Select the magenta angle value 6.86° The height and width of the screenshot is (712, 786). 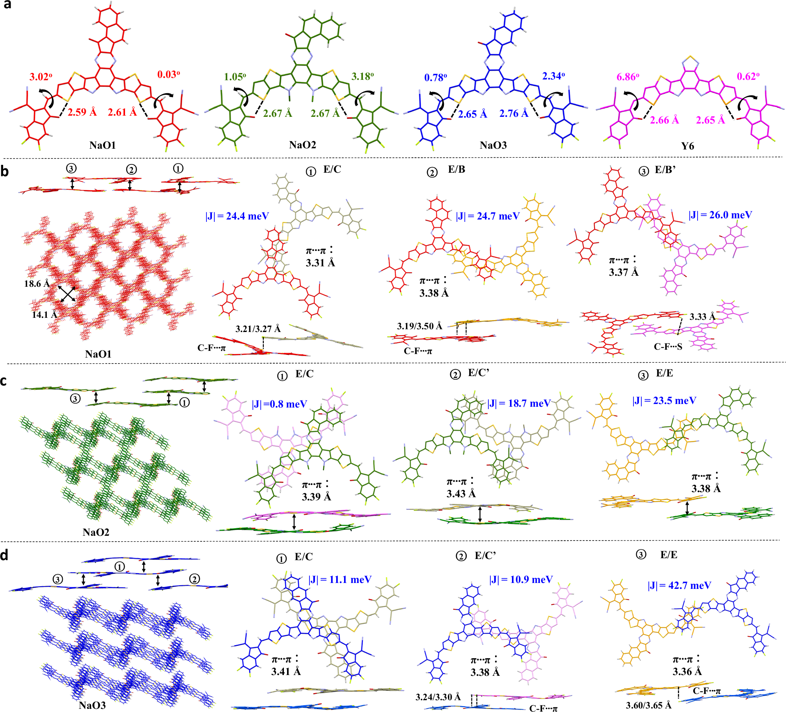[x=628, y=77]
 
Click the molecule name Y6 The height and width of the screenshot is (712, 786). [x=687, y=146]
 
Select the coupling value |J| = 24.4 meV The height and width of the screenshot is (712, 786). [x=237, y=216]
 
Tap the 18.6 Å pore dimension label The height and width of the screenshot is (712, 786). [x=37, y=284]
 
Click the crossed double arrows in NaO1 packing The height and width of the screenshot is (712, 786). [x=68, y=294]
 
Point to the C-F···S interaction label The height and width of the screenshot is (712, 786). [x=668, y=347]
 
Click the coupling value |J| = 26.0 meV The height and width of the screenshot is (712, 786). [x=720, y=215]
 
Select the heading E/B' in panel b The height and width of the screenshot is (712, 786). [x=665, y=170]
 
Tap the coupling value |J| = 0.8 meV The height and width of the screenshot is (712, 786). [x=279, y=404]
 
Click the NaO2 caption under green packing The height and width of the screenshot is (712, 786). [x=96, y=532]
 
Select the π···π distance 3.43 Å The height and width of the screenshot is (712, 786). [x=461, y=494]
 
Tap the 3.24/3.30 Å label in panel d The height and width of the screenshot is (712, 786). [x=438, y=697]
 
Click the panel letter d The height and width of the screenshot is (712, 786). [x=4, y=555]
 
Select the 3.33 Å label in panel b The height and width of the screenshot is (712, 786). [x=702, y=317]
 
